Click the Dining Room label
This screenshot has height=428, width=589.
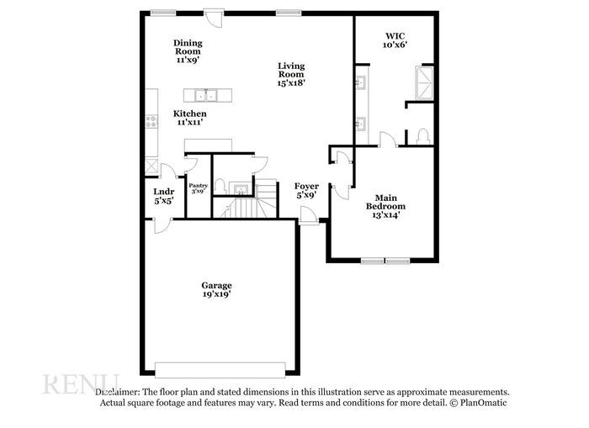(188, 51)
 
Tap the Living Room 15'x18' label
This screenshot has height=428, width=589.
(292, 74)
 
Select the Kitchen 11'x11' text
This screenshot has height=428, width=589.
(190, 118)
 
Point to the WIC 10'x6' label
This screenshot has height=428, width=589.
(395, 40)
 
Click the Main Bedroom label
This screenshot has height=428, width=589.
(385, 206)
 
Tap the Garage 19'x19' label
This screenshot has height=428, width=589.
(216, 290)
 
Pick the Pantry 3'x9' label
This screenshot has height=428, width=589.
(199, 189)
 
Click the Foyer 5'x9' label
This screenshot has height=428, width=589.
(305, 190)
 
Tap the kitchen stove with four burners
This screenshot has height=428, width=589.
(151, 121)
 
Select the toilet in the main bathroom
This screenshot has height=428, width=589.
(422, 136)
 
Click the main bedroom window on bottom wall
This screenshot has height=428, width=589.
(385, 260)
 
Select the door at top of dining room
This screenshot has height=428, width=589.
(217, 14)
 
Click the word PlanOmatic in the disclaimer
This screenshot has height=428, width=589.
(484, 403)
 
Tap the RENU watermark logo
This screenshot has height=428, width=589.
(81, 385)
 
